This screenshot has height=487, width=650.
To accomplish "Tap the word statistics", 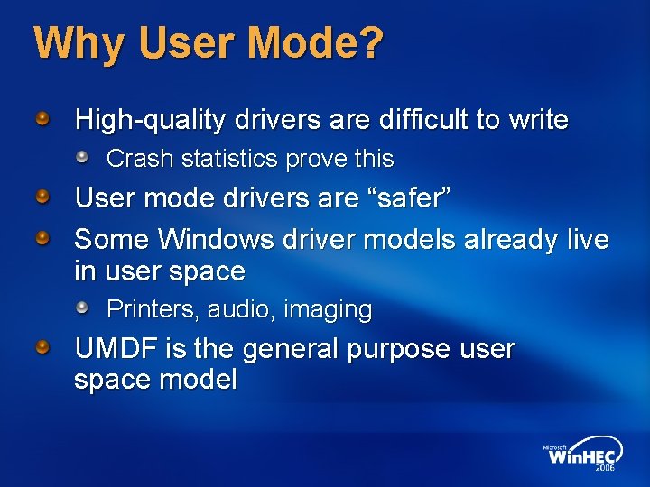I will coord(229,159).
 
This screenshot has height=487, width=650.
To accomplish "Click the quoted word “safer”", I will coord(416,198).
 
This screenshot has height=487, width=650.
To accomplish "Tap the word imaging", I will coord(328,310).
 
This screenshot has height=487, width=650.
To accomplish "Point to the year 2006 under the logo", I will coord(604,468).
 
